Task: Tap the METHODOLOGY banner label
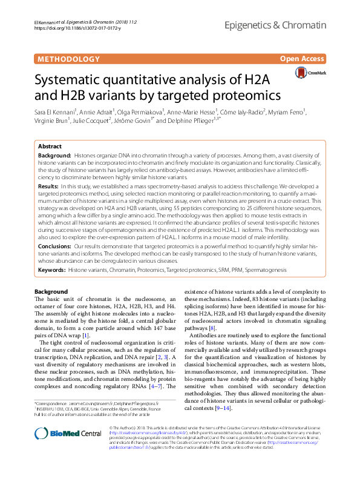tap(68, 59)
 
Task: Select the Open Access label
tap(302, 59)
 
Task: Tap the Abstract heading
tap(50, 147)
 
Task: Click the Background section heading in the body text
tap(51, 291)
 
